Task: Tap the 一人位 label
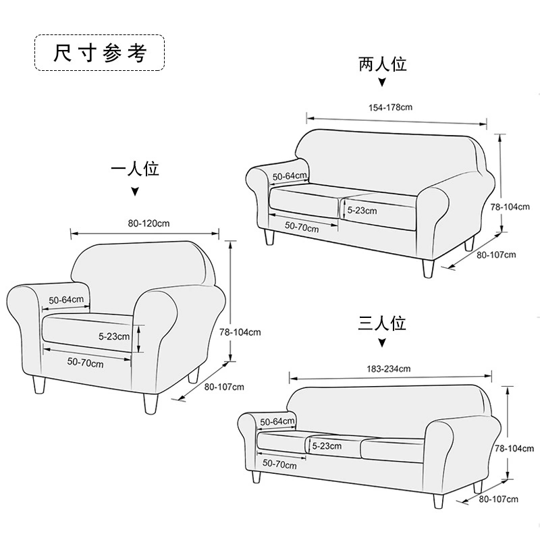click(x=135, y=169)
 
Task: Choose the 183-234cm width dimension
click(x=389, y=369)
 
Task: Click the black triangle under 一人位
click(x=135, y=192)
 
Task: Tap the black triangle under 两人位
click(x=382, y=84)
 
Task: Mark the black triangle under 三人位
click(x=382, y=343)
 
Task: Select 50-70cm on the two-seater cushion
click(x=301, y=227)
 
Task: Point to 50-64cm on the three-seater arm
click(x=278, y=421)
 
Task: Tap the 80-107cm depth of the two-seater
click(x=496, y=254)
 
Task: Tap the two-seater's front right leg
click(x=427, y=268)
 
